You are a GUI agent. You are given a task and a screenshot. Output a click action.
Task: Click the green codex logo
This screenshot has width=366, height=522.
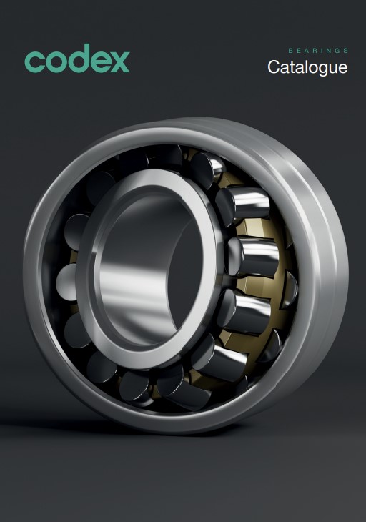77,58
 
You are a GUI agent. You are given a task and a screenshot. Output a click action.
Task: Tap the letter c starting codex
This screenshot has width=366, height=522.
34,62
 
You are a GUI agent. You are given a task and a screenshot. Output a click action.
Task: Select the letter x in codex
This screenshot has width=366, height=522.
119,62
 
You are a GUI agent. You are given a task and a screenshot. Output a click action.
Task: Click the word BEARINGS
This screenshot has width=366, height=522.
318,51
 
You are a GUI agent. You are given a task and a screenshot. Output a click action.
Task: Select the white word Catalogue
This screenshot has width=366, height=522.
307,68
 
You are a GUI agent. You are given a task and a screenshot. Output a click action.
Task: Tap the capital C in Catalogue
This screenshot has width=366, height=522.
273,67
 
